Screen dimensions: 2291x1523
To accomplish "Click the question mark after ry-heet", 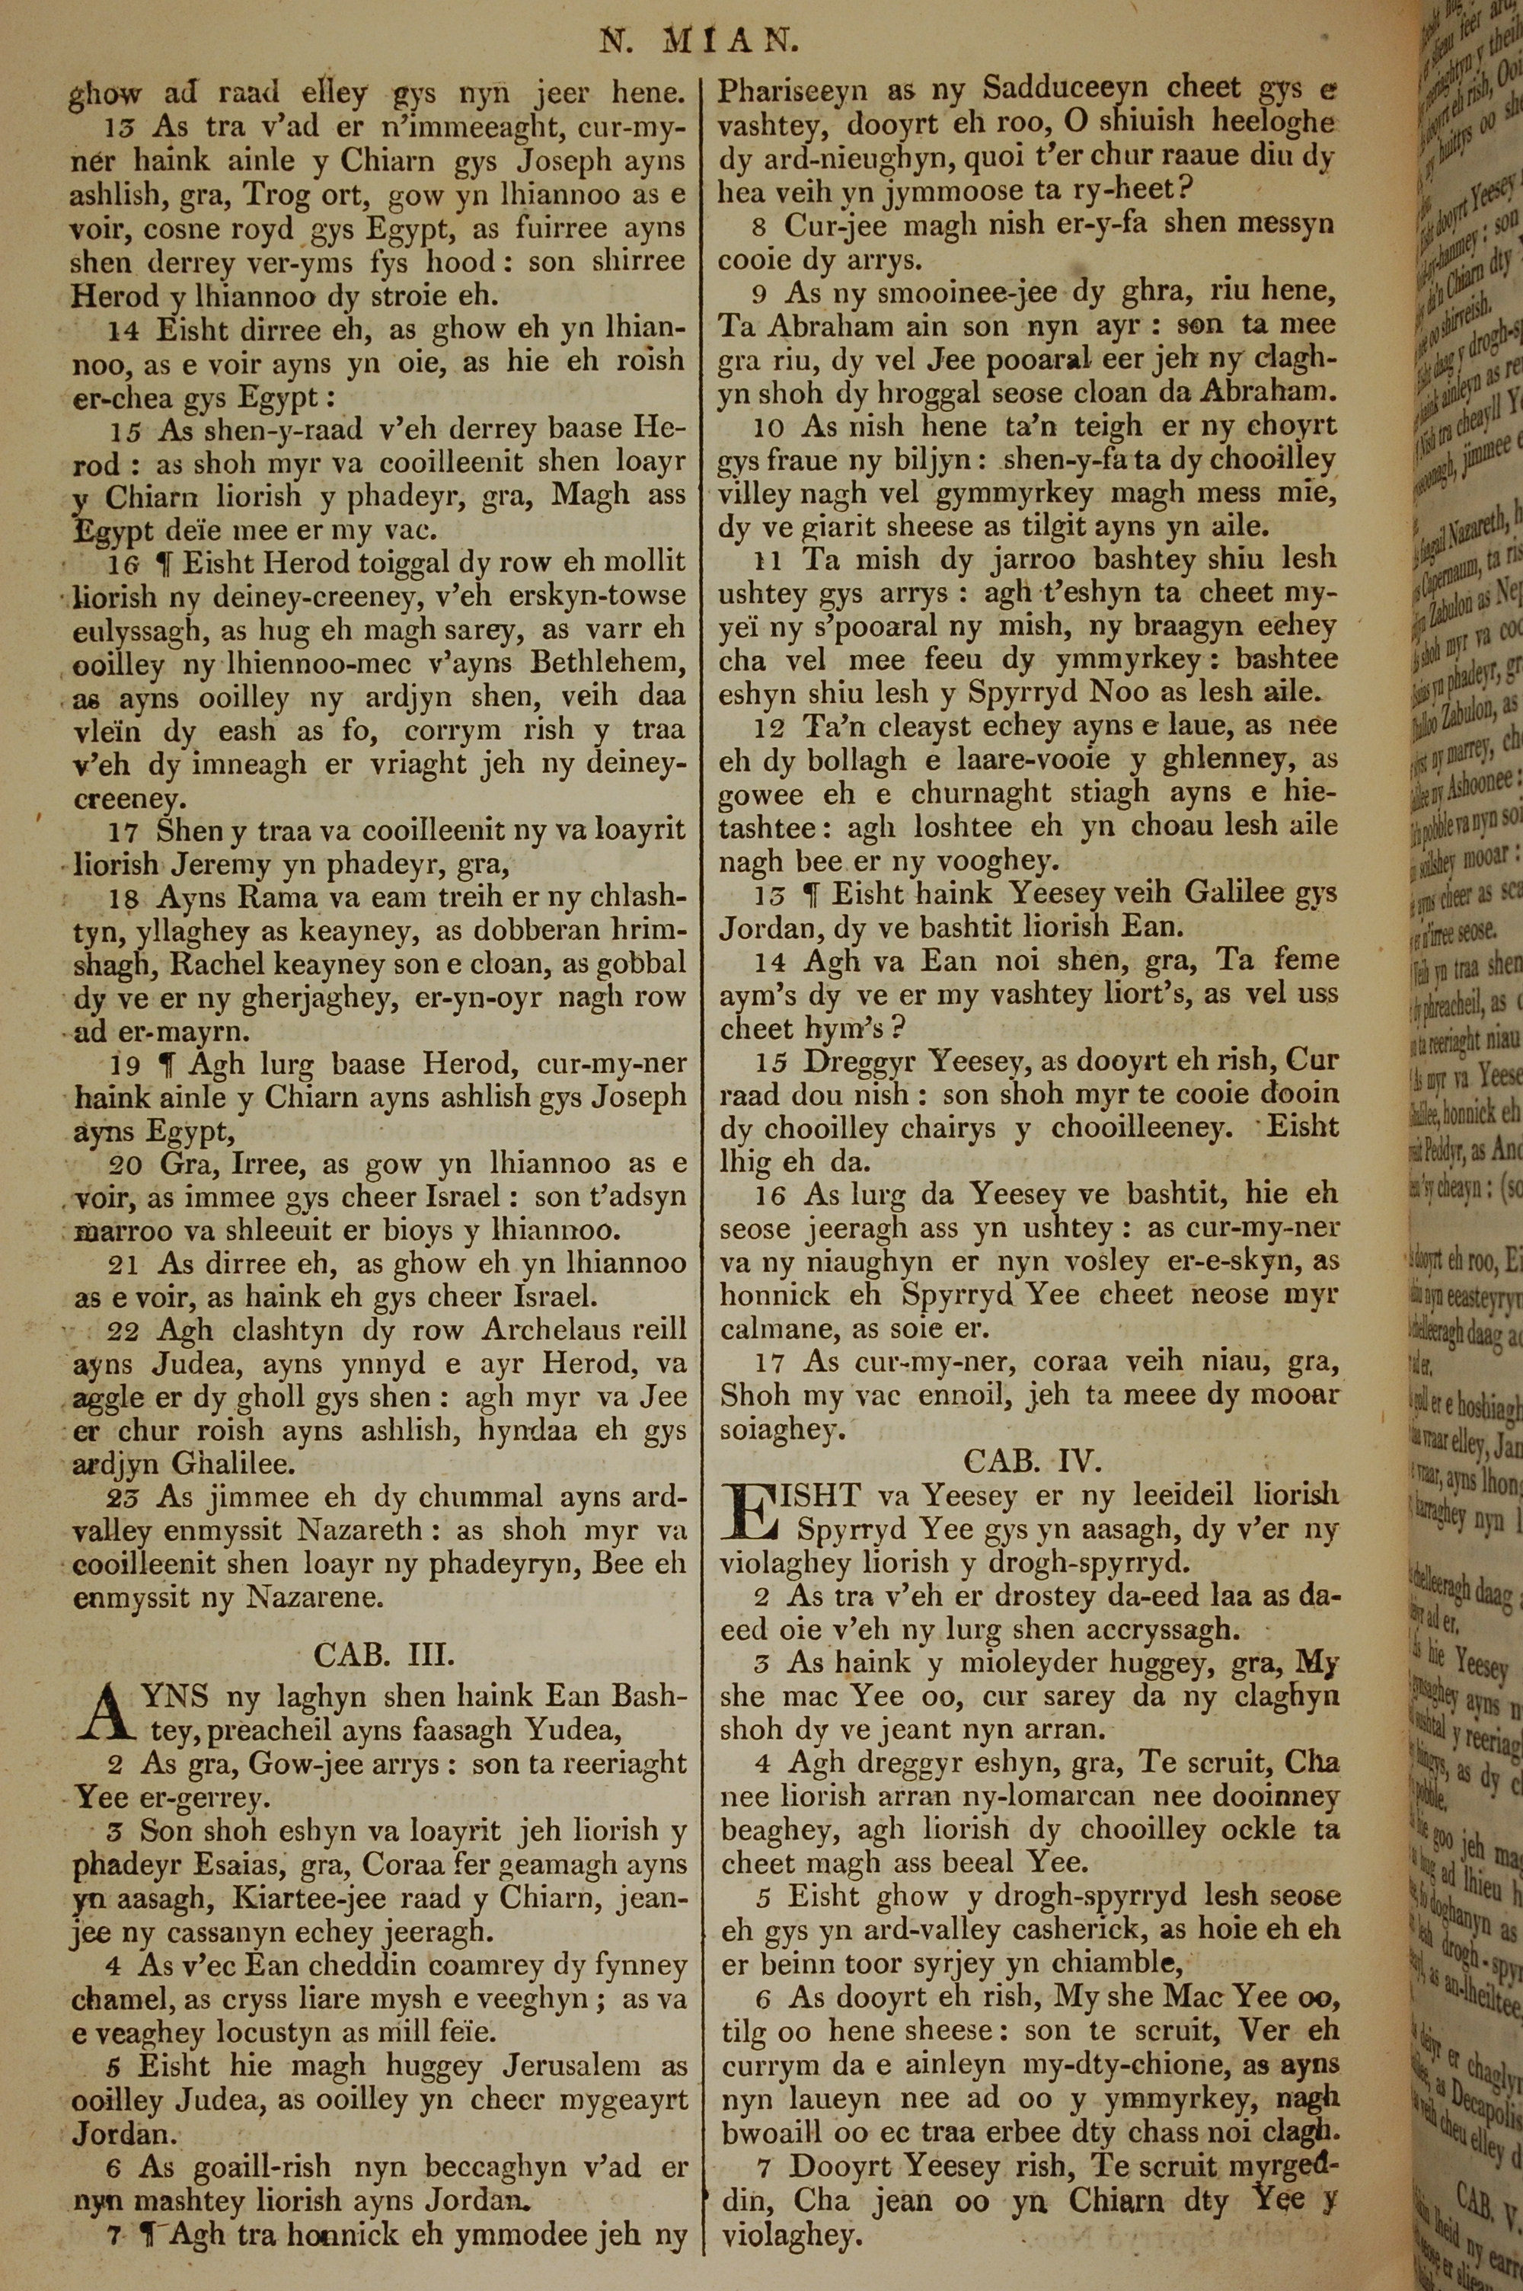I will pyautogui.click(x=1186, y=190).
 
